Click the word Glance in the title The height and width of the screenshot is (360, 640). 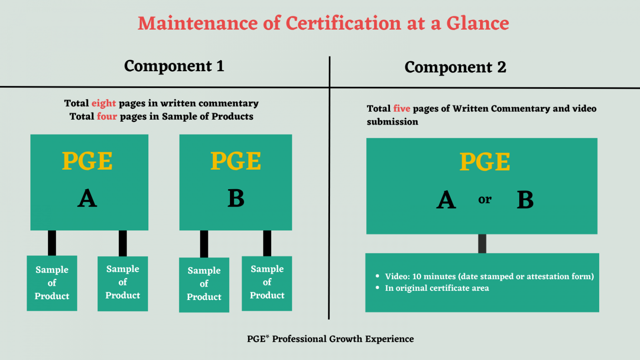pyautogui.click(x=478, y=23)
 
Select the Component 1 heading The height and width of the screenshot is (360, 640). pyautogui.click(x=174, y=66)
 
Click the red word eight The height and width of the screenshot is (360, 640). pyautogui.click(x=104, y=103)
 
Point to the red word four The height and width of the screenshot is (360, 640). pyautogui.click(x=107, y=116)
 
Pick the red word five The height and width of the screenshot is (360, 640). pyautogui.click(x=402, y=109)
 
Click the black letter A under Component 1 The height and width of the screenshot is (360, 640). pyautogui.click(x=87, y=198)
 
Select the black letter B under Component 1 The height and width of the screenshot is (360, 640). pyautogui.click(x=236, y=198)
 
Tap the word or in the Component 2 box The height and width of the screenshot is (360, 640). pyautogui.click(x=485, y=200)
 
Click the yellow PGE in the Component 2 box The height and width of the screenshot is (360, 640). pyautogui.click(x=485, y=162)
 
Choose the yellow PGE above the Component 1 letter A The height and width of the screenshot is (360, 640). pyautogui.click(x=87, y=161)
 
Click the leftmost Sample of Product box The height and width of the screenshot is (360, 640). pyautogui.click(x=52, y=283)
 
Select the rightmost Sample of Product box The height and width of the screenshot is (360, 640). pyautogui.click(x=267, y=283)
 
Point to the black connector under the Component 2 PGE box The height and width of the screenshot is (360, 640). pyautogui.click(x=482, y=244)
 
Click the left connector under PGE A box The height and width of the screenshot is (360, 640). pyautogui.click(x=52, y=243)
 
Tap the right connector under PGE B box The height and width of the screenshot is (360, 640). pyautogui.click(x=267, y=243)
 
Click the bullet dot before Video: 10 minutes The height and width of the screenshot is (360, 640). pyautogui.click(x=377, y=276)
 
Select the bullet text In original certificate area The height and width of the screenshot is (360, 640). pyautogui.click(x=437, y=288)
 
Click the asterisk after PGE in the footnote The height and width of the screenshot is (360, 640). pyautogui.click(x=267, y=336)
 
